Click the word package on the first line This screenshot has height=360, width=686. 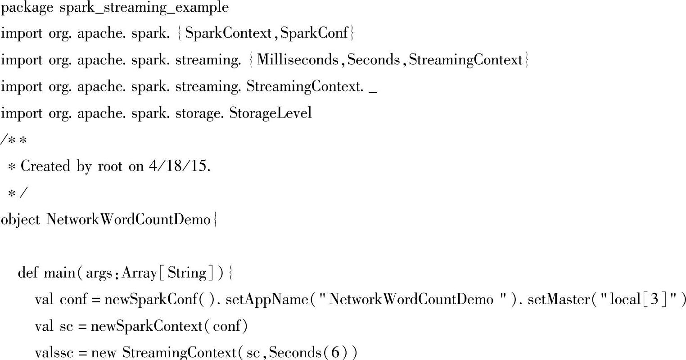point(27,8)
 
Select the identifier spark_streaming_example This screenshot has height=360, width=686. point(144,8)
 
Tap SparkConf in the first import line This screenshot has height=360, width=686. point(314,34)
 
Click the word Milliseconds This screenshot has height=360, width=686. point(298,60)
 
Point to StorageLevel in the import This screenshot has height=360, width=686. point(271,113)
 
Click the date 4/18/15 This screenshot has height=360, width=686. point(179,166)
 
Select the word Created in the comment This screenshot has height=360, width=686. point(46,166)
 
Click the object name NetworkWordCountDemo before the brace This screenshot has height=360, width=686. point(129,220)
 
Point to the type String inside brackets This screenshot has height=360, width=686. point(187,273)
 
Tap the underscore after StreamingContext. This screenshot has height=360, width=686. point(373,88)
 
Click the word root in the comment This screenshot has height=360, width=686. point(110,166)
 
